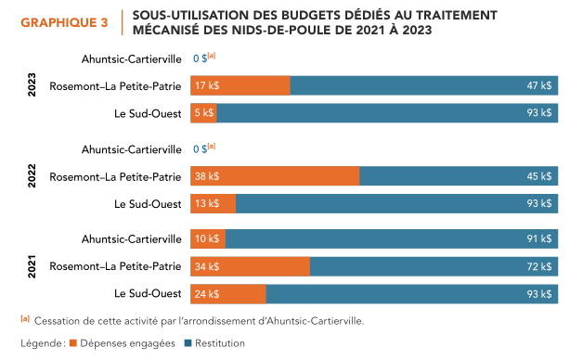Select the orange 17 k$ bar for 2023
(x=240, y=85)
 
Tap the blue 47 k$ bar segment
(x=424, y=85)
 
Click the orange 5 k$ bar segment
(x=203, y=113)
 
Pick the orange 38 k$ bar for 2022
(x=275, y=176)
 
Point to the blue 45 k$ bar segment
(x=459, y=176)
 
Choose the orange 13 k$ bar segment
(x=213, y=203)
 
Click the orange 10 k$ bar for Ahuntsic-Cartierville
(x=208, y=239)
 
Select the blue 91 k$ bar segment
(x=392, y=239)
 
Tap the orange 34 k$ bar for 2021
(x=250, y=266)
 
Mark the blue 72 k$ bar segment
(x=434, y=266)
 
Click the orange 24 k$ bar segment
(x=228, y=294)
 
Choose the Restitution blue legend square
(x=188, y=343)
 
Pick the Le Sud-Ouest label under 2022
(x=148, y=203)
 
